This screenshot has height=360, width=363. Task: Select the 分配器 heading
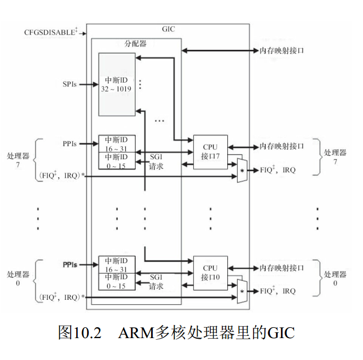[x=135, y=43]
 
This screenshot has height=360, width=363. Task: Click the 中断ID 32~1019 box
[x=116, y=84]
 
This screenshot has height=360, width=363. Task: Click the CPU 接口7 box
[x=210, y=152]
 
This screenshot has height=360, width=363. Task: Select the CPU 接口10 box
[x=210, y=272]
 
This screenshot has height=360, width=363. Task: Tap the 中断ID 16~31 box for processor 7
[x=116, y=143]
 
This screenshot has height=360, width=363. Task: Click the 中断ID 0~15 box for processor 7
[x=116, y=161]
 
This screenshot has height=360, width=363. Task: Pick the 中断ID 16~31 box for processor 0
[x=116, y=264]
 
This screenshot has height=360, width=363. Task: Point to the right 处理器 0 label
[x=335, y=278]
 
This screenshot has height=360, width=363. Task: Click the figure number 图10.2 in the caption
[x=80, y=333]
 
